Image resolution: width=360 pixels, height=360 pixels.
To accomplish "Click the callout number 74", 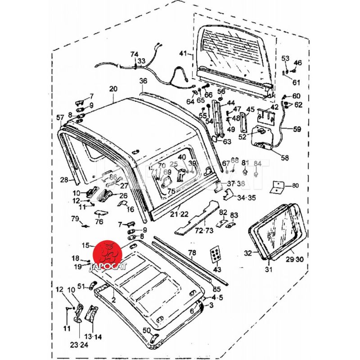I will click(x=134, y=54).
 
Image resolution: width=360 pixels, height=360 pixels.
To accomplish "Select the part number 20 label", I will click(x=112, y=89).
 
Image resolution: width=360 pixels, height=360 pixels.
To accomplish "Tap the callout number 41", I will click(x=183, y=54).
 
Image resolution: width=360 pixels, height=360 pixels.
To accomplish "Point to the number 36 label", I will click(x=143, y=81).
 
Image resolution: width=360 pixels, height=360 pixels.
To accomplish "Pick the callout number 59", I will click(x=297, y=130).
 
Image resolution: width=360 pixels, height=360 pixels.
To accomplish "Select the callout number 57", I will click(x=60, y=117).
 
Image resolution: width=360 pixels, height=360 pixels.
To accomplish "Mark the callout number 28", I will click(x=64, y=180).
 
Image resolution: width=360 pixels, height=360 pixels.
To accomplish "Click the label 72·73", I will click(x=203, y=231).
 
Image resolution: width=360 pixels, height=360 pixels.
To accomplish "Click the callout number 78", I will click(x=192, y=253).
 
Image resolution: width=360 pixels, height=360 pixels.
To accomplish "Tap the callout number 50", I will click(x=146, y=330).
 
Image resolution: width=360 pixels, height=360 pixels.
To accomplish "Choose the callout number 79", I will click(x=75, y=219).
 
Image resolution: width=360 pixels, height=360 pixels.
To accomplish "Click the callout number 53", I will click(x=285, y=58).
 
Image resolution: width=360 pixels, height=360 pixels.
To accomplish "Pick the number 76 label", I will click(x=99, y=222).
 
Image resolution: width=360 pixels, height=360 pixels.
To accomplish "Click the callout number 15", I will click(x=85, y=245).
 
